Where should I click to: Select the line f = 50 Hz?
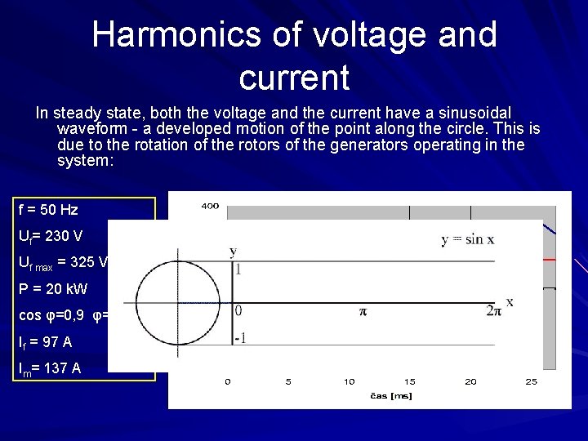click(x=48, y=210)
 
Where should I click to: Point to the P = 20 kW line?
click(x=52, y=289)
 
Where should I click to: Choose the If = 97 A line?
click(x=45, y=341)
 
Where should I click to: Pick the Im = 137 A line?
click(x=49, y=368)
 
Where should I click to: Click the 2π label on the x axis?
click(x=492, y=310)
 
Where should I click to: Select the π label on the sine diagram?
click(x=361, y=311)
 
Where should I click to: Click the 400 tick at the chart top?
click(x=210, y=206)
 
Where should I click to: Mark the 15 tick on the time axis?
click(x=409, y=381)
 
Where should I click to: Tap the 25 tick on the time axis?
click(x=531, y=381)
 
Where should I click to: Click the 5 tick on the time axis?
click(x=288, y=381)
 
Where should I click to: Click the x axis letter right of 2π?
click(x=510, y=302)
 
